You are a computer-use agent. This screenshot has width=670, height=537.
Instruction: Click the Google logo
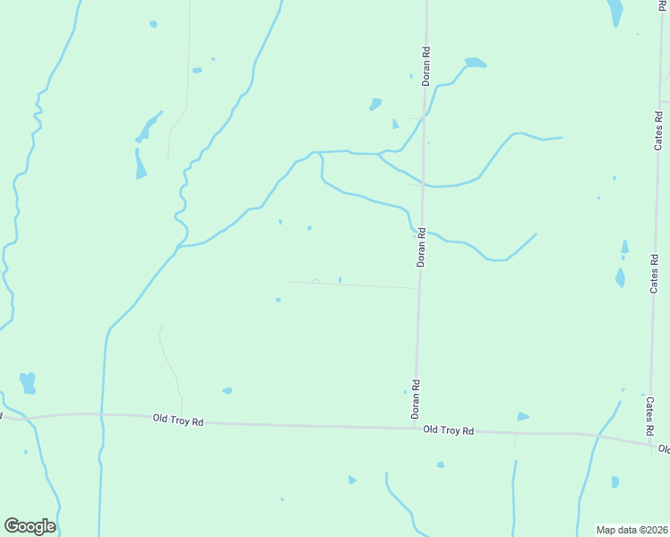30,526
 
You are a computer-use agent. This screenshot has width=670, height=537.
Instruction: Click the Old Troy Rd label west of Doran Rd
178,419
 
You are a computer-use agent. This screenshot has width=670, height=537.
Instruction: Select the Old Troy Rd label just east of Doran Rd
448,430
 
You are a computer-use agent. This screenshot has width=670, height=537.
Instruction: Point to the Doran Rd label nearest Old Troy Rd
416,400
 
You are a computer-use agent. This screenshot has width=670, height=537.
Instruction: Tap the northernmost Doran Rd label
427,67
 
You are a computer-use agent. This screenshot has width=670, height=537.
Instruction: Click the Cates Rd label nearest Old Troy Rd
650,418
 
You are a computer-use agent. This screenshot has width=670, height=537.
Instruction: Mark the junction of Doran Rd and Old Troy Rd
414,429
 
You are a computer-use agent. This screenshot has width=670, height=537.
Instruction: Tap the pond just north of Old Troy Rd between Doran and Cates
522,416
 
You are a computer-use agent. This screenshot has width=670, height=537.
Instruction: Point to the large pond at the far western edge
28,382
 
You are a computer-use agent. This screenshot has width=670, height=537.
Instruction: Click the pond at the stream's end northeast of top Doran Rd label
475,63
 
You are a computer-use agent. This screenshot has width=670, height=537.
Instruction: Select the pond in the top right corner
615,13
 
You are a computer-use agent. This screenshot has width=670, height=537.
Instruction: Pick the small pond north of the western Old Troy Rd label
228,390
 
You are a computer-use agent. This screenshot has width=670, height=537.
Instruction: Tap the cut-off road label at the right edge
664,448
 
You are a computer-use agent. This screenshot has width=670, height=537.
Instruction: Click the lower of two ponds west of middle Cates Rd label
620,277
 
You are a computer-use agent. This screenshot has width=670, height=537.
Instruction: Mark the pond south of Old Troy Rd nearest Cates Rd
615,482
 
